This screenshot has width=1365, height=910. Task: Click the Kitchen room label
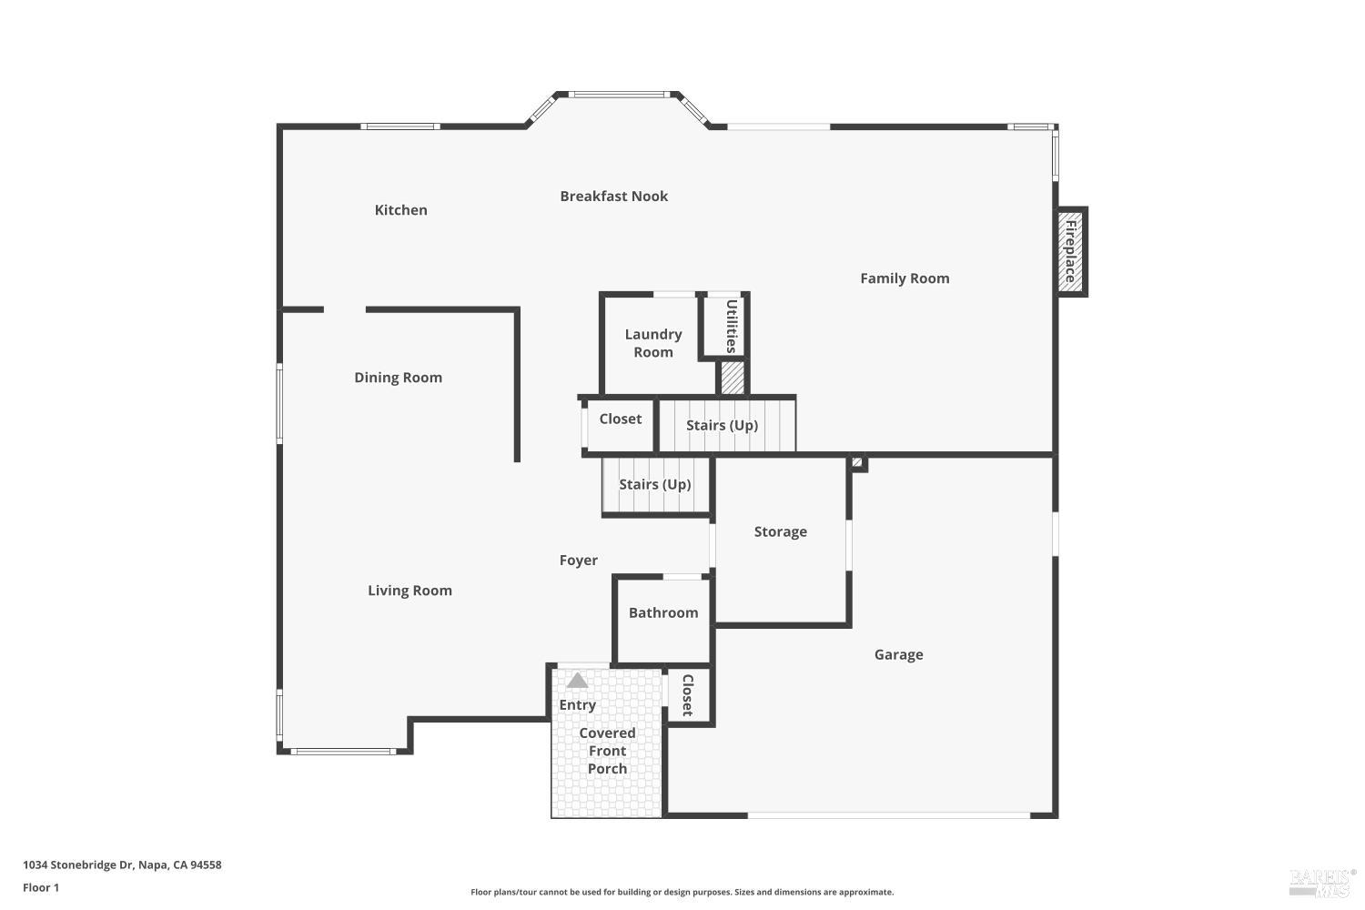tap(400, 210)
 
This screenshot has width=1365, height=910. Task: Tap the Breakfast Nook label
tap(613, 197)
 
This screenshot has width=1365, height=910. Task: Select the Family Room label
tap(905, 278)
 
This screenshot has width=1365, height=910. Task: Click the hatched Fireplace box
tap(1071, 251)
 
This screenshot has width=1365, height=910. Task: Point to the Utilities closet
tap(731, 326)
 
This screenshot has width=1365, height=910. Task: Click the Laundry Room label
tap(652, 343)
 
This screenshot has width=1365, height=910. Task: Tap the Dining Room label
tap(398, 378)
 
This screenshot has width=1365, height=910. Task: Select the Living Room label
tap(409, 591)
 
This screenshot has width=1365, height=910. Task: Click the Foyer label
tap(578, 561)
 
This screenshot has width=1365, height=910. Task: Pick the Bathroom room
tap(663, 613)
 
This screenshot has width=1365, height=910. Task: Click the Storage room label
tap(780, 532)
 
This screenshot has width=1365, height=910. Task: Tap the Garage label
tap(898, 655)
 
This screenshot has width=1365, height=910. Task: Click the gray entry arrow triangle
tap(577, 681)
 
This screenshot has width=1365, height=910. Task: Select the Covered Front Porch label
tap(607, 751)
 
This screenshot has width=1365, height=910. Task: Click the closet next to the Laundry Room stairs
tap(620, 420)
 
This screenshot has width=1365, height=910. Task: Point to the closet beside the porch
tap(688, 696)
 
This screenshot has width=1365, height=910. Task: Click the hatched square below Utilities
tap(733, 378)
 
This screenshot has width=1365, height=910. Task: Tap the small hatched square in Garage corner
tap(857, 463)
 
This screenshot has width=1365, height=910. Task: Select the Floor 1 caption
tap(41, 888)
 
